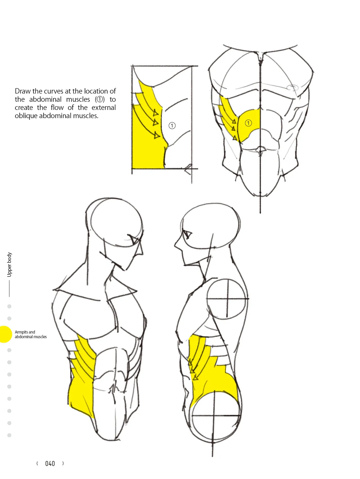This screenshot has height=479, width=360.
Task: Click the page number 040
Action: pos(50,464)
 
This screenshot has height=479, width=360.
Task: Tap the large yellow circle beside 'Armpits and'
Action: pos(5,334)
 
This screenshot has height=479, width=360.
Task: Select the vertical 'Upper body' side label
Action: pos(10,265)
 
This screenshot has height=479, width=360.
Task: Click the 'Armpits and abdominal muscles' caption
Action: pos(31,334)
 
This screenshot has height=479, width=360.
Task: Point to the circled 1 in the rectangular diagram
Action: pos(172,126)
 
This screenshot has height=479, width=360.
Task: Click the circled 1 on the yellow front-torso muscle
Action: pos(248,123)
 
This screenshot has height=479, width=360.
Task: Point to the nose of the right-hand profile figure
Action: pos(176,245)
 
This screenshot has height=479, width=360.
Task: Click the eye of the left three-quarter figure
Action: pos(135,239)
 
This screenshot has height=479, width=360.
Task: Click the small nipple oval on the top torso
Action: pos(292,87)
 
